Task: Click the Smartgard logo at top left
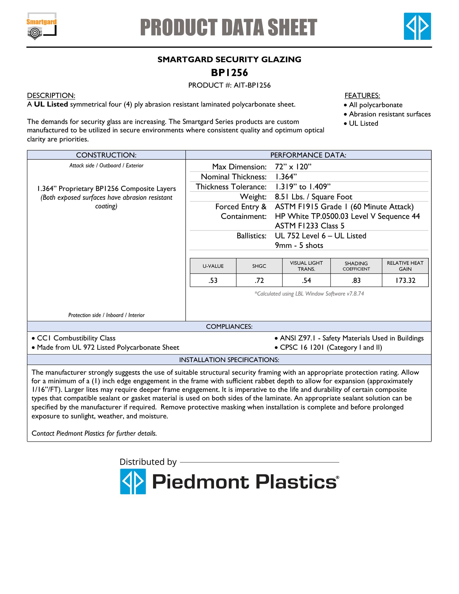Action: (x=41, y=26)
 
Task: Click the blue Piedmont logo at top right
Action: (x=417, y=26)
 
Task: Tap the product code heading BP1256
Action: (x=229, y=73)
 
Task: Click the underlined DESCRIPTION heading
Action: (x=51, y=95)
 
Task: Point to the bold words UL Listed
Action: (x=51, y=104)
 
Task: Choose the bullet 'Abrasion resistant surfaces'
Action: (x=390, y=114)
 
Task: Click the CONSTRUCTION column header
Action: (x=106, y=155)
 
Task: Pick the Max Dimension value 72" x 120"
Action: (x=293, y=167)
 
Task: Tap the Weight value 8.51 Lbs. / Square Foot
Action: (x=313, y=197)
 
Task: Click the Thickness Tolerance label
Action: (x=231, y=187)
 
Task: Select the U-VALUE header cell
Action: (x=213, y=266)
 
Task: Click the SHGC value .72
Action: (x=259, y=280)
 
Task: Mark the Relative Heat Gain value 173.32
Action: (x=405, y=280)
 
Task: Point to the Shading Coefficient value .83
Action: (x=356, y=280)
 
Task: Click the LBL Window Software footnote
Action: (x=309, y=294)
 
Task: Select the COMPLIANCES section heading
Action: (x=229, y=326)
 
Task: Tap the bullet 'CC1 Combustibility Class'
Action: (x=76, y=338)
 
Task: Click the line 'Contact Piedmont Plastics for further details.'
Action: (x=94, y=433)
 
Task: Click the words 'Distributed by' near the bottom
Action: (x=148, y=462)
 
